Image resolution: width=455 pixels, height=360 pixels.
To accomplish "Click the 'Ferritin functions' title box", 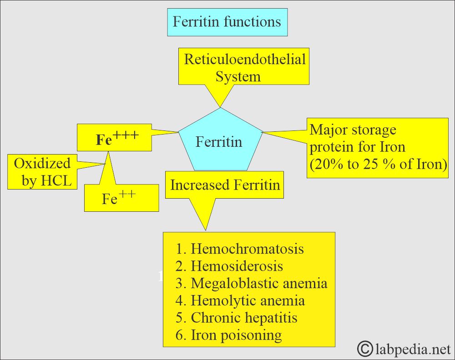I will click(227, 22).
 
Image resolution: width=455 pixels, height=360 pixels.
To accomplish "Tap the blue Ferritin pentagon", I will click(219, 142).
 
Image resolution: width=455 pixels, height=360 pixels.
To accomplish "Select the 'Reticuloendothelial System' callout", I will click(244, 67).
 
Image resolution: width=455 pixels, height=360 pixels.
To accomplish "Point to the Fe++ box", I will click(121, 199).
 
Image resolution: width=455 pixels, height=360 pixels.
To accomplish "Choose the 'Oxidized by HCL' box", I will click(42, 172).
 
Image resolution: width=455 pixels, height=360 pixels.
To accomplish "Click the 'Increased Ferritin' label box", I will click(225, 185).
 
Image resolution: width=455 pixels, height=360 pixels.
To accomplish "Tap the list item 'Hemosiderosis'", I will click(237, 266).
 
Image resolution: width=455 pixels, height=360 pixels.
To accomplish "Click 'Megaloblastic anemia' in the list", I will click(259, 283).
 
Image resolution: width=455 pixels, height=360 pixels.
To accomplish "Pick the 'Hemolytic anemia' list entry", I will click(248, 300).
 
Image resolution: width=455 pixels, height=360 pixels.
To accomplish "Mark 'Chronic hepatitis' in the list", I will click(244, 318).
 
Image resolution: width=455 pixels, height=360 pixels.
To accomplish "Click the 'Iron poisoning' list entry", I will click(236, 335).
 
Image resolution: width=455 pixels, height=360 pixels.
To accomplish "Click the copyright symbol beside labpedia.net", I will click(364, 349).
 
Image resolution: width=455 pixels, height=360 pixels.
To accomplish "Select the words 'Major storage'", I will click(353, 130).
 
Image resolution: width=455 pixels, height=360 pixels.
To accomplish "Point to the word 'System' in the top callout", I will click(238, 76).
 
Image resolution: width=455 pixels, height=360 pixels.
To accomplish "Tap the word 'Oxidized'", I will click(42, 163).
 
